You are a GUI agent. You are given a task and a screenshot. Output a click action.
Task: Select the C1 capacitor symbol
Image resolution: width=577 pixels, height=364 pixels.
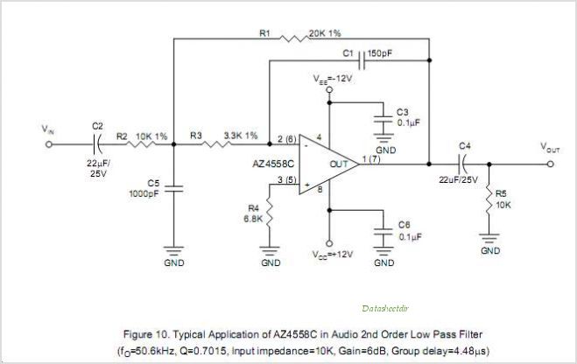point(361,60)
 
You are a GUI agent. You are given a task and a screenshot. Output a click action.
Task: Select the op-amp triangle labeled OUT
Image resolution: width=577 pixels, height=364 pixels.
point(328,164)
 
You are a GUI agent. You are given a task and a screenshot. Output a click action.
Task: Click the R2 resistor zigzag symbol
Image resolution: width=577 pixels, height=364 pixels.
point(144,146)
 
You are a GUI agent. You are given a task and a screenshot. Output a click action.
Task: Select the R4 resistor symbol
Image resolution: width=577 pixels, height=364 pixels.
point(271,209)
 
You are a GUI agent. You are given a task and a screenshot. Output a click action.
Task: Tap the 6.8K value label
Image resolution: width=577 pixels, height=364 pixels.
point(252,219)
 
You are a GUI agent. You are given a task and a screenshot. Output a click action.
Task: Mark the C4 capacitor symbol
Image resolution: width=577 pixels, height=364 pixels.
point(462,163)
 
